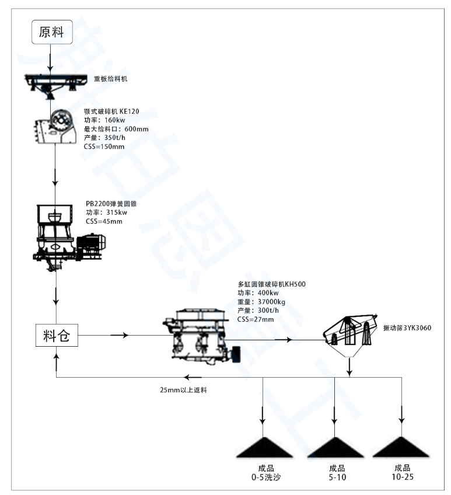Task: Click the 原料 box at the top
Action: pos(52,32)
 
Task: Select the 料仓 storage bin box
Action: pos(57,336)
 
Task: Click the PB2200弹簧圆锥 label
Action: pos(113,204)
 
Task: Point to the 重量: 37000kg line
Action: pos(261,302)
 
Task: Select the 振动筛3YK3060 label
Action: pos(407,327)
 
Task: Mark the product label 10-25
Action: pos(401,477)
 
